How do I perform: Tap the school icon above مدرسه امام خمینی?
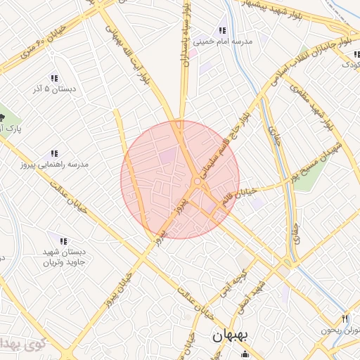222,30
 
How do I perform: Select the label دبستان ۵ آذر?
53,89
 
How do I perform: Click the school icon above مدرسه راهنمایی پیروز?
53,153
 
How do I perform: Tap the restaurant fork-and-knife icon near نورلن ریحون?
345,319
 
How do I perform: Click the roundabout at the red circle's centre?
198,181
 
